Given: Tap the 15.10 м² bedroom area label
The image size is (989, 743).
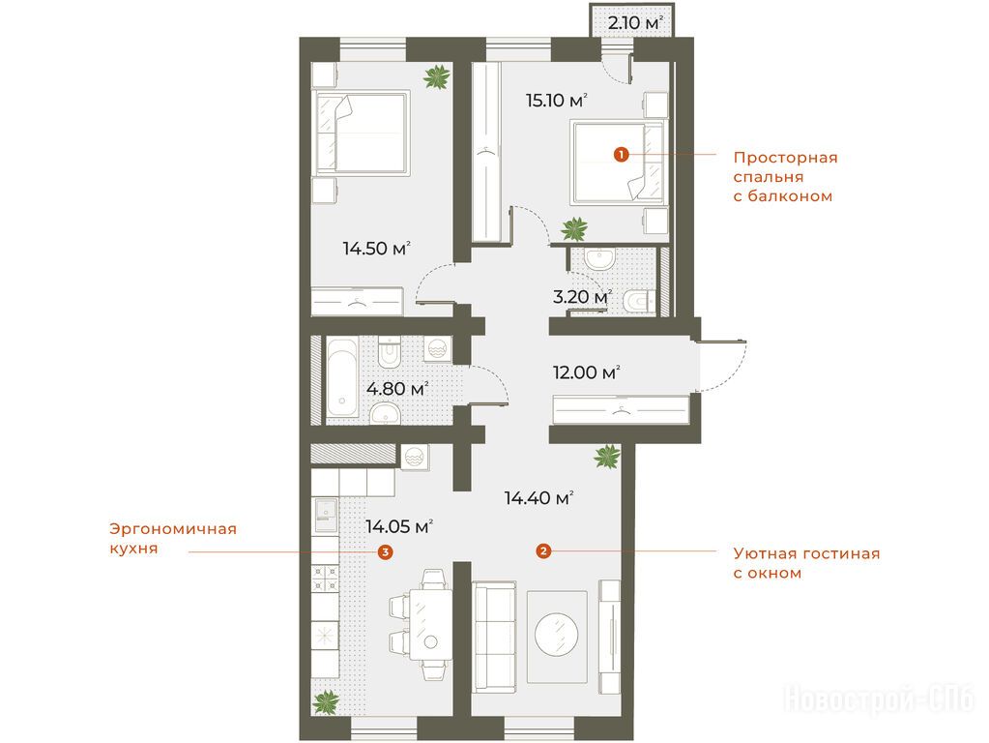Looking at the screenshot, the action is (x=557, y=101).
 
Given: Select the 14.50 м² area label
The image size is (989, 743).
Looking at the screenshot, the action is (x=376, y=248).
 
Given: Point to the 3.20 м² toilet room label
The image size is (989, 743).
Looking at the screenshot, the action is (x=582, y=296).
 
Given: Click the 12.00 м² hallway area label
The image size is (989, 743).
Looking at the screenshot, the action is (x=586, y=372).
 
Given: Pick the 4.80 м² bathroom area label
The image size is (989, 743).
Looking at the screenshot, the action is (x=397, y=388).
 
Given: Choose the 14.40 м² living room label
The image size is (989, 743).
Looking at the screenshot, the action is (x=538, y=498).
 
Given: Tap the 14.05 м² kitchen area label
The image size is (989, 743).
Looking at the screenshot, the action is (x=399, y=526).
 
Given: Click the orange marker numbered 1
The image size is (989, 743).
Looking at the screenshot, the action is (x=622, y=154).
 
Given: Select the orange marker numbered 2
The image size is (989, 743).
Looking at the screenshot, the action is (x=543, y=551).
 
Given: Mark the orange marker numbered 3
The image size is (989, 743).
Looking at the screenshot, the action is (x=385, y=552).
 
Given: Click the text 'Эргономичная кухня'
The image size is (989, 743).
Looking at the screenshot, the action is (x=173, y=539).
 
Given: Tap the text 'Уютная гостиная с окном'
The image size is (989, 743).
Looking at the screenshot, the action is (x=806, y=564).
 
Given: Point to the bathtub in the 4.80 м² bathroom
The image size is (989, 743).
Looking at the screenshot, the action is (x=342, y=377).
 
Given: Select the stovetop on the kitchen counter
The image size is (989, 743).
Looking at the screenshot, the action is (x=326, y=579).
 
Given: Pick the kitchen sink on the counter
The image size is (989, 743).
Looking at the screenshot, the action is (x=326, y=515).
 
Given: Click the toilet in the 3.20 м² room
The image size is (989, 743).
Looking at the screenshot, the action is (x=640, y=301).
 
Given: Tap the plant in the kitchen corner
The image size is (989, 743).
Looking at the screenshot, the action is (x=327, y=701).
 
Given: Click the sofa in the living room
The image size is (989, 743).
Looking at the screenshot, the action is (x=495, y=637).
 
